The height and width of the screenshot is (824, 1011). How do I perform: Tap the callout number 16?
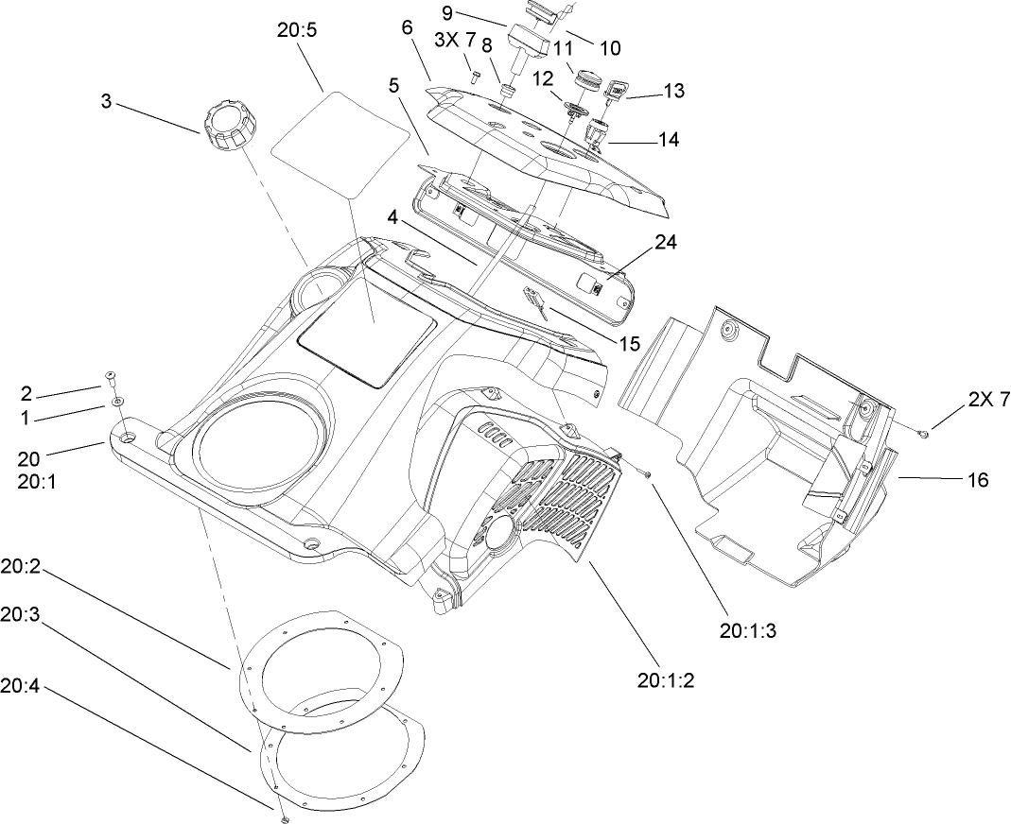coord(978,480)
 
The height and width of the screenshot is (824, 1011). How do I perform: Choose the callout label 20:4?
coord(20,688)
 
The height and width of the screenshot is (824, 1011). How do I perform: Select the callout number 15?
coord(631,342)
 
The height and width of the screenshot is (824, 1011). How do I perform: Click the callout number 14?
coord(669,140)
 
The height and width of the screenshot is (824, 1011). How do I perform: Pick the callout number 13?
coord(673,91)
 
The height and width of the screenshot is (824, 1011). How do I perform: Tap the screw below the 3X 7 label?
coord(475,71)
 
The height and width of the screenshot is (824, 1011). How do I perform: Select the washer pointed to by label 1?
coord(116,402)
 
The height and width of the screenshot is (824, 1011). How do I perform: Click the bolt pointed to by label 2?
coord(111,377)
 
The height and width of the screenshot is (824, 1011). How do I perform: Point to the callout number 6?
coord(407,27)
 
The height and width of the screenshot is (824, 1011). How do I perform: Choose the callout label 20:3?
coord(20,614)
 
